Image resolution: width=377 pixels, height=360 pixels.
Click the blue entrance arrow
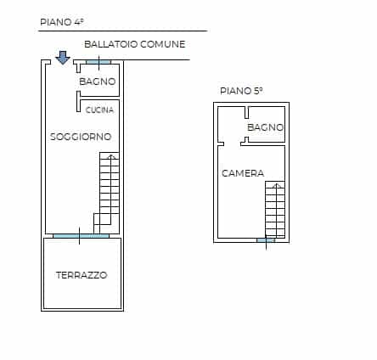(63, 58)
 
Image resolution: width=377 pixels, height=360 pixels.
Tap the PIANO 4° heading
(62, 22)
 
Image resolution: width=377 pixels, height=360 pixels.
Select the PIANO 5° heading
(241, 91)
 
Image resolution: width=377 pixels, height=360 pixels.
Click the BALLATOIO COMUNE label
(135, 44)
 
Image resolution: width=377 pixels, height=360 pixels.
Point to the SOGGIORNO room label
(81, 137)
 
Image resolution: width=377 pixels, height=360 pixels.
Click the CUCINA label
(99, 110)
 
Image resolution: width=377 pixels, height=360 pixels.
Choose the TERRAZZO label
(82, 275)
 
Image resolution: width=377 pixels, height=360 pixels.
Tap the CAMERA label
(243, 173)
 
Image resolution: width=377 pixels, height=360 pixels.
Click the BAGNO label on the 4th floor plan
(98, 82)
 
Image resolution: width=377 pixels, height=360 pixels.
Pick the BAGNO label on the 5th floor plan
(266, 127)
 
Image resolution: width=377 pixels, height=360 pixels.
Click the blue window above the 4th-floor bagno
(98, 62)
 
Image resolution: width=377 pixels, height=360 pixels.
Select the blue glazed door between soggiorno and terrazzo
(81, 236)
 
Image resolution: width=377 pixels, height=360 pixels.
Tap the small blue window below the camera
(266, 240)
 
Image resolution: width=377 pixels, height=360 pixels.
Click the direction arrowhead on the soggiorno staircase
(112, 156)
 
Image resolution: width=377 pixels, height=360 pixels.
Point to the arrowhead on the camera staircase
(277, 186)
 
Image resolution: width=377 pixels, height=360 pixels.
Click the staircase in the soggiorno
(106, 193)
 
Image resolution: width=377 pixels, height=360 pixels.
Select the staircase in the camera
(275, 210)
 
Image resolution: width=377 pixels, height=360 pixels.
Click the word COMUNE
(162, 44)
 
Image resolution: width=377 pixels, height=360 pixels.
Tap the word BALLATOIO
(111, 44)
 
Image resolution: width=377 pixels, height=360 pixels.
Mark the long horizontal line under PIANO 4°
(123, 31)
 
